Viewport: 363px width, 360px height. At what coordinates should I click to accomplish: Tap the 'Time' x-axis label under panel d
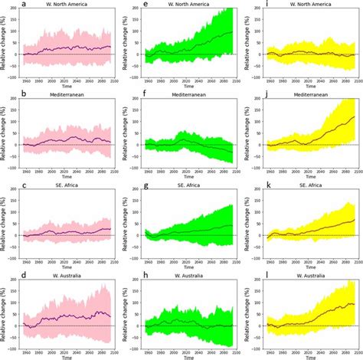coord(67,357)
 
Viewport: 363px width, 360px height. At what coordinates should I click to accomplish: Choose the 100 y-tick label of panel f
coord(136,123)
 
